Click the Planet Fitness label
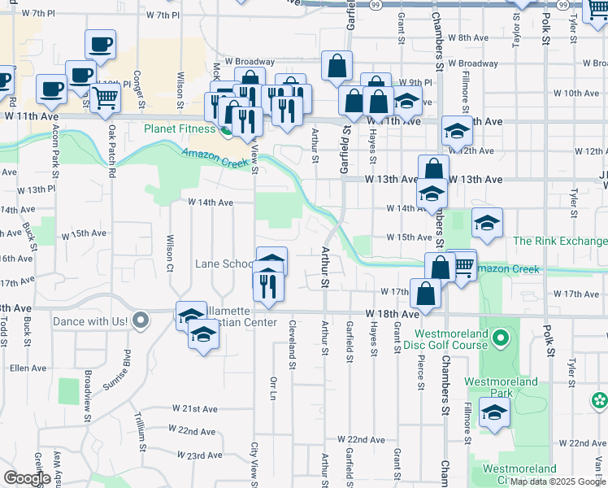(180, 129)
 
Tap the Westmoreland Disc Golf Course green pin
(502, 336)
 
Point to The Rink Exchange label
(560, 242)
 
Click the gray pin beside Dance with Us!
(142, 320)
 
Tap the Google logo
(27, 477)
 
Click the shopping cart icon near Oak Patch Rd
(106, 98)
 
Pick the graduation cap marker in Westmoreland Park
(494, 413)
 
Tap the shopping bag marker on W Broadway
(337, 67)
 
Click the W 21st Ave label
(192, 407)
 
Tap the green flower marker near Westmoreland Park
(600, 399)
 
